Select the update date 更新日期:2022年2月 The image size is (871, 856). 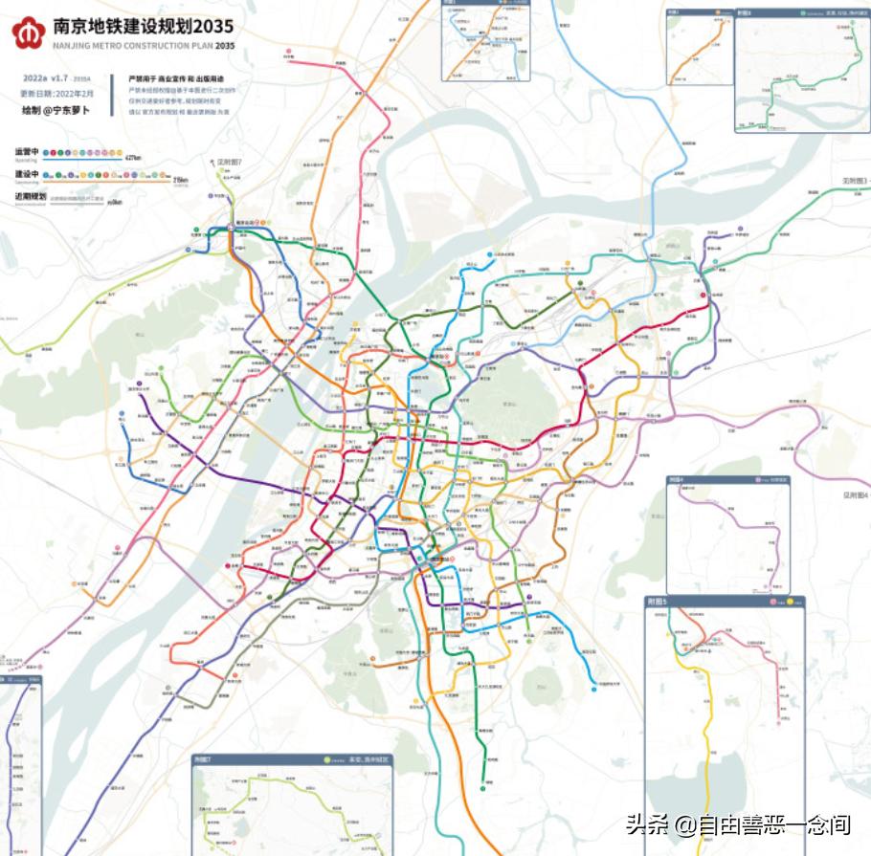57,94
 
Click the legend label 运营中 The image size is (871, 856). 26,151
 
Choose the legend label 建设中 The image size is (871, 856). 26,174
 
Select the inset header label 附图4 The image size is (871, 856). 679,479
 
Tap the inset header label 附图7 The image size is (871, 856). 204,760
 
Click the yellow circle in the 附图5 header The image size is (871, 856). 796,603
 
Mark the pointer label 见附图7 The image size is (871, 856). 230,163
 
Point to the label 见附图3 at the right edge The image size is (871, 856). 853,180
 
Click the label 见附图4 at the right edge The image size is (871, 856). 855,495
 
